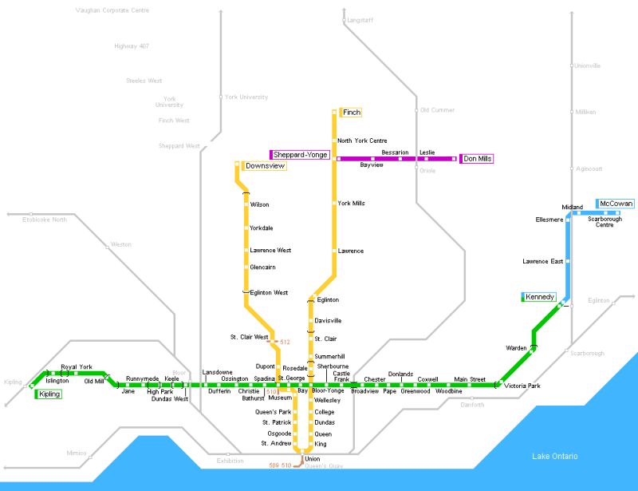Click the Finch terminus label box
352,113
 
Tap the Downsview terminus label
265,166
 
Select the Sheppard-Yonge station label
301,154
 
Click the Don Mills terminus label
478,159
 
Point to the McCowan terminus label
616,204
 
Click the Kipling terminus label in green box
49,394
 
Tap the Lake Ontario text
555,456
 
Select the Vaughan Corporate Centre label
112,10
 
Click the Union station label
313,459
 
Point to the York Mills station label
351,204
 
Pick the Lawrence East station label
543,261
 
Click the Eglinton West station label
269,293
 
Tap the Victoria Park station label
522,386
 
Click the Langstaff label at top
360,20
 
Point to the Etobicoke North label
45,219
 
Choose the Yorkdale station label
261,228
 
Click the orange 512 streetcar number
285,342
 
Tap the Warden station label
516,348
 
